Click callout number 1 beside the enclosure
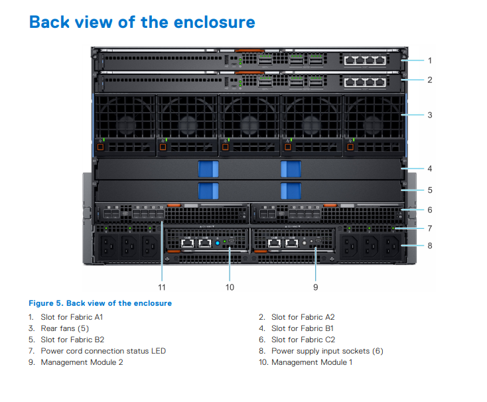point(429,60)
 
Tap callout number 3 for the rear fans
point(429,115)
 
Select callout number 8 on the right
point(429,245)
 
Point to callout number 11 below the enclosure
point(162,287)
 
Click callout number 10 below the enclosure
point(230,287)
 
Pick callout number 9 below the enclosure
point(315,287)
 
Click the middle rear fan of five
point(249,123)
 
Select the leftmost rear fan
point(125,123)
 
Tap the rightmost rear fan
point(373,123)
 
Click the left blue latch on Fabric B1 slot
point(208,168)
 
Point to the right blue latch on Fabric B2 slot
point(291,190)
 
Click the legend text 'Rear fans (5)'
point(64,328)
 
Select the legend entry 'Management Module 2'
point(82,362)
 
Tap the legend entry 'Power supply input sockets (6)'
point(327,351)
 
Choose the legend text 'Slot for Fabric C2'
point(303,340)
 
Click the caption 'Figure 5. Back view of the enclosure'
point(100,303)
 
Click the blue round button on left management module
point(217,243)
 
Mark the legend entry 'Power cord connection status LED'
point(103,351)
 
